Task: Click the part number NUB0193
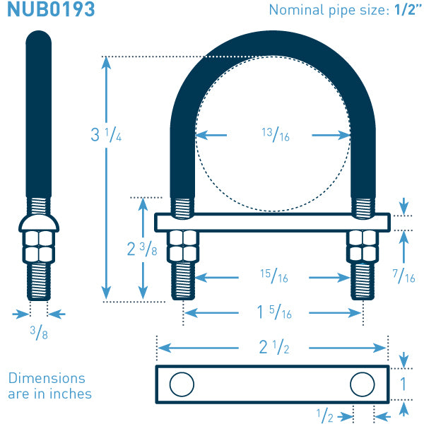coord(51,9)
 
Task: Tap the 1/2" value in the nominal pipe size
coord(408,10)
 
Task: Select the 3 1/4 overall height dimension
coord(106,134)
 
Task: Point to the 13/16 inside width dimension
coord(276,135)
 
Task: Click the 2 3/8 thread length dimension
coord(142,249)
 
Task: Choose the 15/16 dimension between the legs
coord(274,276)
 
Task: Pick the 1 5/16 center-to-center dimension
coord(274,312)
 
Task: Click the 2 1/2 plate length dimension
coord(274,347)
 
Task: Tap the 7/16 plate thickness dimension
coord(404,276)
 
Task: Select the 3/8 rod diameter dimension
coord(39,333)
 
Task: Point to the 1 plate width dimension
coord(403,384)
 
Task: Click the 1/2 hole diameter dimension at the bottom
coord(325,416)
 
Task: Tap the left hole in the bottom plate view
coord(182,384)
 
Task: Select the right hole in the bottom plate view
coord(362,384)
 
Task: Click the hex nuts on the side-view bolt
coord(39,247)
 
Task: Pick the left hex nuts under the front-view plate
coord(183,247)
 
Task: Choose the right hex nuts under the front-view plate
coord(362,247)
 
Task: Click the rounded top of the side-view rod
coord(39,38)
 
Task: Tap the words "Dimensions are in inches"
coord(49,386)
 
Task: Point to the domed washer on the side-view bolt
coord(39,223)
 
